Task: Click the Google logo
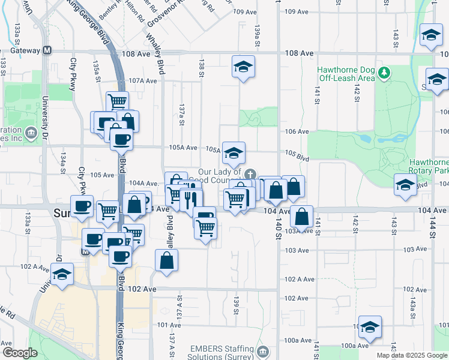(19, 353)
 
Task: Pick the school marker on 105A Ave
(234, 152)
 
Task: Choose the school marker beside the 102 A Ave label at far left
(62, 274)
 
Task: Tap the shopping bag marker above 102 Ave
(166, 260)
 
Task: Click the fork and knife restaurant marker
(191, 199)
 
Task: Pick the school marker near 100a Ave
(370, 326)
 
